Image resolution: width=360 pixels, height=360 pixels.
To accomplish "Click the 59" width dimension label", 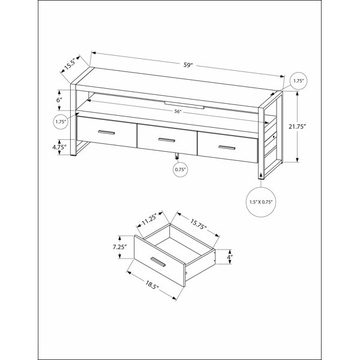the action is tap(188, 65).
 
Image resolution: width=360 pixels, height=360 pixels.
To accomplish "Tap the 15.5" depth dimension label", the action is tap(70, 65).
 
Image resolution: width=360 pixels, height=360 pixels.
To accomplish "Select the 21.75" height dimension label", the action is tap(298, 127).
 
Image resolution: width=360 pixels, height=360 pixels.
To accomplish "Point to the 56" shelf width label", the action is tap(177, 112).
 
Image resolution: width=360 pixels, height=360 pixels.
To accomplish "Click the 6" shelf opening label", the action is tap(59, 100).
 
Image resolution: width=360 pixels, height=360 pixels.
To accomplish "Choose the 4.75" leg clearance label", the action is tap(59, 147).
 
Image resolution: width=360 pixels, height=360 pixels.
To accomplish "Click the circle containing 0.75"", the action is tap(180, 170).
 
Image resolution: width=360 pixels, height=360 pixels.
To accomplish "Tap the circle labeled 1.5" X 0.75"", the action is tap(261, 202).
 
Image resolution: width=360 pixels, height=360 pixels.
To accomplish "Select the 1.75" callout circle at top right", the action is tap(298, 81).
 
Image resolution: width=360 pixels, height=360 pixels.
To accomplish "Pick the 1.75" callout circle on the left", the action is tap(61, 121).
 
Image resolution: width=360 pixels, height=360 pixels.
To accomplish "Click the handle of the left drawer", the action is tap(106, 132).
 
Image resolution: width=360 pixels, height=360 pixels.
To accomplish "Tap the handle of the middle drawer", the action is tap(167, 140).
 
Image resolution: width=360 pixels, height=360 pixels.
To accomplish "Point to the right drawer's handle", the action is tap(227, 148).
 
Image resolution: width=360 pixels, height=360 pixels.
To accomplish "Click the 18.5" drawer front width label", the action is tap(152, 285).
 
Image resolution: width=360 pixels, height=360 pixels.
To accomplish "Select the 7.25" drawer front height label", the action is tap(119, 247).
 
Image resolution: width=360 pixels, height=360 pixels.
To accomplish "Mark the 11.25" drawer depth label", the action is tap(149, 219).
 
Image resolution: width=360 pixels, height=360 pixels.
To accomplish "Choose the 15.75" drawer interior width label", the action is tap(197, 224).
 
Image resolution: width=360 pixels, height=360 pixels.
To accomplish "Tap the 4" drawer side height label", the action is tap(229, 257).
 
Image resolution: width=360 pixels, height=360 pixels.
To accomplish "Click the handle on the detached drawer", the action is tap(158, 262).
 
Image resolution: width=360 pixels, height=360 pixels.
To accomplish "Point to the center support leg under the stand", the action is tap(177, 156).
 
